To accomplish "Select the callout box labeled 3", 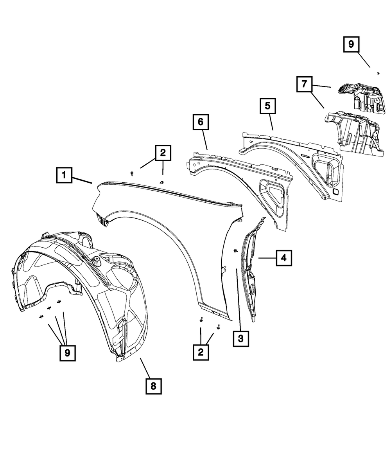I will point(240,338).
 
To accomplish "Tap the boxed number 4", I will point(284,258).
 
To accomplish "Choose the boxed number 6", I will point(200,122).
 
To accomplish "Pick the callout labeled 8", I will point(153,386).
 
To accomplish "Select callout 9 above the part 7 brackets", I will point(351,44).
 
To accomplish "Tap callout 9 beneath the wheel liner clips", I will point(67,353).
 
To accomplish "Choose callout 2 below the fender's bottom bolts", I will point(201,353).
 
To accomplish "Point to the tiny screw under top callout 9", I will point(378,73).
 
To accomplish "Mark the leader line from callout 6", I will point(204,140).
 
